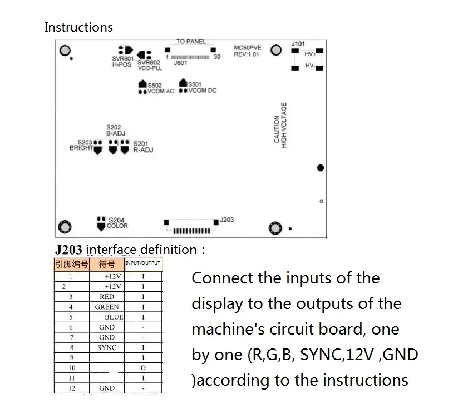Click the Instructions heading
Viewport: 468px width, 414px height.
click(x=78, y=27)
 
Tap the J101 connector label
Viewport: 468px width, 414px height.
click(x=298, y=44)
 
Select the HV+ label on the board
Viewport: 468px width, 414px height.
click(x=310, y=54)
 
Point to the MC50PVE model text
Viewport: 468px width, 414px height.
click(x=248, y=48)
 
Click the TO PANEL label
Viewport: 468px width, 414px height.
click(x=191, y=42)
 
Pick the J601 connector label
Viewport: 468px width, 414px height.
click(x=180, y=63)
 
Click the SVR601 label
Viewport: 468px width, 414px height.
click(x=122, y=58)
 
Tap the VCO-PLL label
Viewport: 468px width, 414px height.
click(x=150, y=68)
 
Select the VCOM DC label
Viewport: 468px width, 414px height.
click(x=203, y=91)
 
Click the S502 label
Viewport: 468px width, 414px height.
click(x=155, y=85)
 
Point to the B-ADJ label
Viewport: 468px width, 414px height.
click(x=116, y=133)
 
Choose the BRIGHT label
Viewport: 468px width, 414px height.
click(x=81, y=148)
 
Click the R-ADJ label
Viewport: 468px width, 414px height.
click(x=143, y=149)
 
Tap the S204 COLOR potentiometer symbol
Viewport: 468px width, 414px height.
click(x=101, y=223)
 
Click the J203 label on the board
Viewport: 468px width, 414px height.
click(x=227, y=220)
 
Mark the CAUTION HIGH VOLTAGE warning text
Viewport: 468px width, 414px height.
click(x=280, y=125)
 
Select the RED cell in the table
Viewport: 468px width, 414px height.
click(x=107, y=297)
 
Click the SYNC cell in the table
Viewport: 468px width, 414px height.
click(x=107, y=347)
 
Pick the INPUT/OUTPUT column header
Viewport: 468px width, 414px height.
click(x=143, y=263)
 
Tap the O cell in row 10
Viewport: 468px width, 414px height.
click(x=143, y=368)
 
